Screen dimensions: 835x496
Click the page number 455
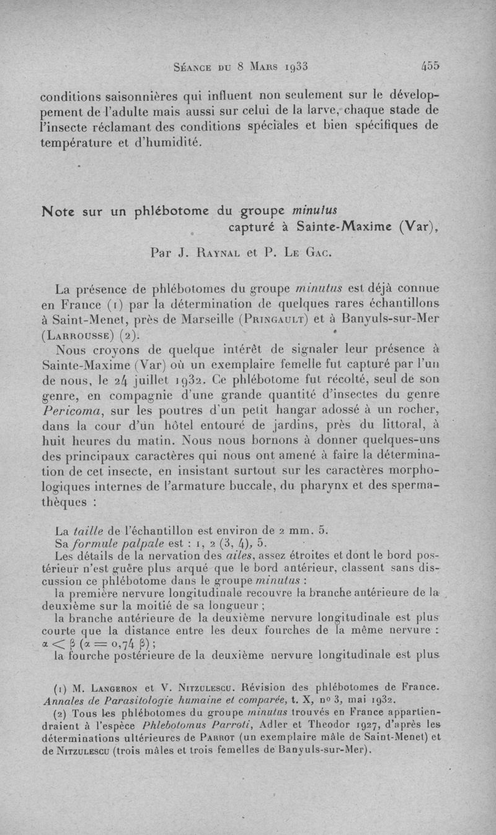[x=430, y=64]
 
